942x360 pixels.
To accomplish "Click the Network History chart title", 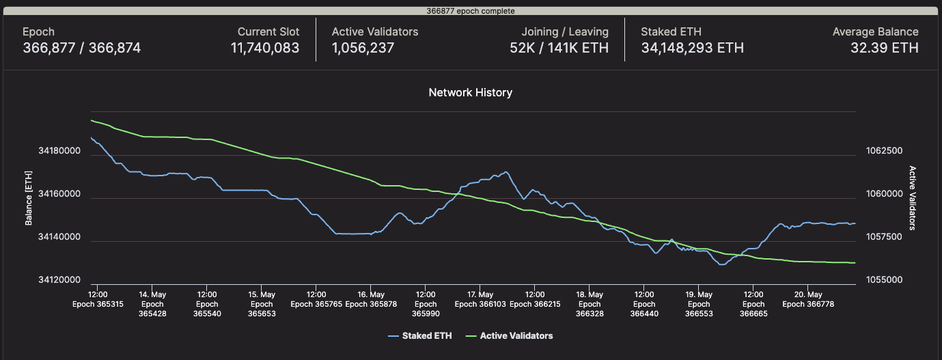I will [x=470, y=92].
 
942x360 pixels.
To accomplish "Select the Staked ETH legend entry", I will [x=421, y=336].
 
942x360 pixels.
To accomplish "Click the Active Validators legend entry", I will [x=516, y=336].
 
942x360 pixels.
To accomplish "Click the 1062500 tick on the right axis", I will [x=884, y=151].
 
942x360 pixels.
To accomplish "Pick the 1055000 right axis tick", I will [x=884, y=280].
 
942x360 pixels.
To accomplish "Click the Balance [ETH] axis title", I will [x=29, y=199].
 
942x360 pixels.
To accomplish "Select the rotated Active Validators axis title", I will [x=912, y=198].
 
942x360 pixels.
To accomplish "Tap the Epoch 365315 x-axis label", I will [x=98, y=305].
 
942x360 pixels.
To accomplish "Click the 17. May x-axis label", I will [x=480, y=295].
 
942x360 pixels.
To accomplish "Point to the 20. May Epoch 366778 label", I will [x=807, y=300].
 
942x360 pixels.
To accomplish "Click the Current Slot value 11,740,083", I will [x=265, y=48].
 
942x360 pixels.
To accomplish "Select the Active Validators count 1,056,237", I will [x=363, y=48].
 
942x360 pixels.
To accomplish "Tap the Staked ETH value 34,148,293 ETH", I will [x=692, y=48].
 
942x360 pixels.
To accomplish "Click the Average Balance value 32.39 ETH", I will [x=884, y=48].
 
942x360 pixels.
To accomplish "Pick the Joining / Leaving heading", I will [x=564, y=31].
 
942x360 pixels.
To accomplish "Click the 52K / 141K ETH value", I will [x=559, y=48].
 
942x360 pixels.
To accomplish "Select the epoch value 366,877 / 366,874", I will [x=81, y=48].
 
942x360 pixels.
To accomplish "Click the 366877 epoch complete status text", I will [x=471, y=11].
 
